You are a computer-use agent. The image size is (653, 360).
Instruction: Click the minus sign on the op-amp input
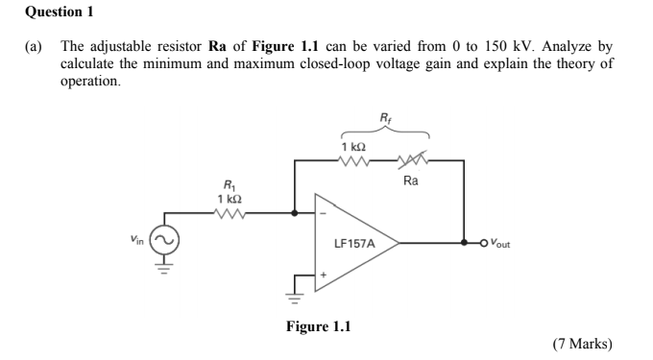pyautogui.click(x=322, y=212)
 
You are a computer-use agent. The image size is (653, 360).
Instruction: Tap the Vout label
pyautogui.click(x=498, y=244)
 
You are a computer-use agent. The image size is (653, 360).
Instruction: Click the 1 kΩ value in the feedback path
pyautogui.click(x=352, y=145)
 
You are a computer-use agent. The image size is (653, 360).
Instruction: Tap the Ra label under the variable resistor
pyautogui.click(x=410, y=180)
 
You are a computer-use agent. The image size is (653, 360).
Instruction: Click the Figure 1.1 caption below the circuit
pyautogui.click(x=318, y=326)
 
